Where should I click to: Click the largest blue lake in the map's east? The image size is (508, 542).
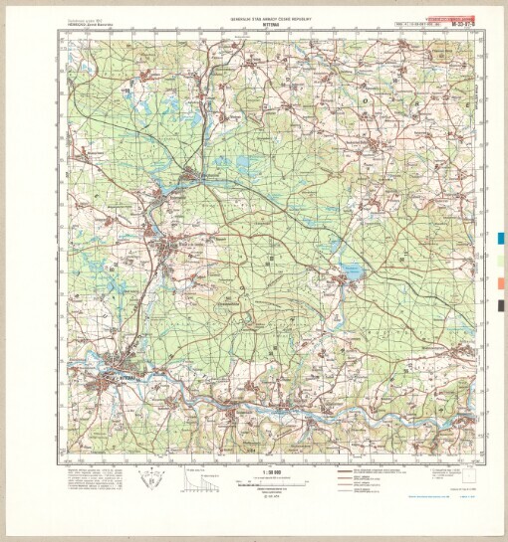tap(352, 271)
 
